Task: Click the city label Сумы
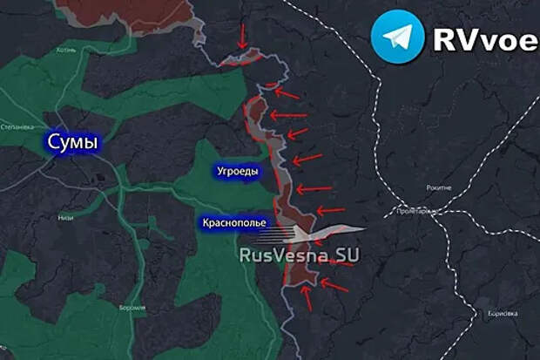pyautogui.click(x=71, y=142)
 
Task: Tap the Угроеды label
pyautogui.click(x=237, y=172)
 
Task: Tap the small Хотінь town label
pyautogui.click(x=67, y=50)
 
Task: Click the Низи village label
pyautogui.click(x=66, y=218)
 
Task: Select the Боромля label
pyautogui.click(x=132, y=308)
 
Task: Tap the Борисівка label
pyautogui.click(x=503, y=312)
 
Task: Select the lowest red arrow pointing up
pyautogui.click(x=306, y=297)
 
